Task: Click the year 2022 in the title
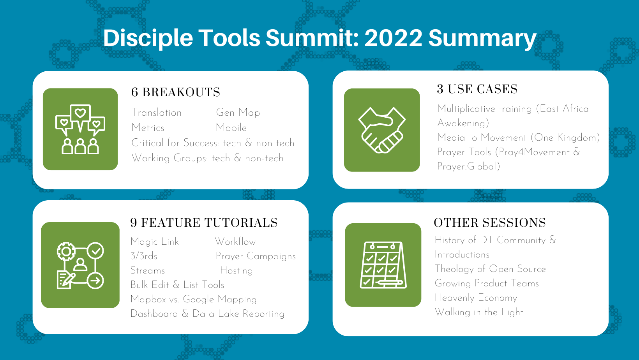pos(393,38)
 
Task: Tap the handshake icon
pos(382,130)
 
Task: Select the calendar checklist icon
pos(383,265)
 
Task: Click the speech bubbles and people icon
pos(80,129)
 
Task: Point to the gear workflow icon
pos(80,265)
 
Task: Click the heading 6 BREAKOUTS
pos(176,92)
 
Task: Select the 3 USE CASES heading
pos(477,89)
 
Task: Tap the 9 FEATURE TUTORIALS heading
pos(204,223)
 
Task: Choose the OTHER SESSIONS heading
pos(490,223)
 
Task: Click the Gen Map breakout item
pos(238,113)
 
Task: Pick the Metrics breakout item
pos(148,128)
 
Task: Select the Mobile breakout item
pos(231,128)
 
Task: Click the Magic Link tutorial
pos(155,242)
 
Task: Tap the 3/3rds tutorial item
pos(144,256)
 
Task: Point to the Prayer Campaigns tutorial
pos(256,256)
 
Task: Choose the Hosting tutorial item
pos(237,270)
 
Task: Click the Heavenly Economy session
pos(476,298)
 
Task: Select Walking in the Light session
pos(479,312)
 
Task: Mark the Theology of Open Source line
pos(490,269)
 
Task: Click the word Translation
pos(157,113)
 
